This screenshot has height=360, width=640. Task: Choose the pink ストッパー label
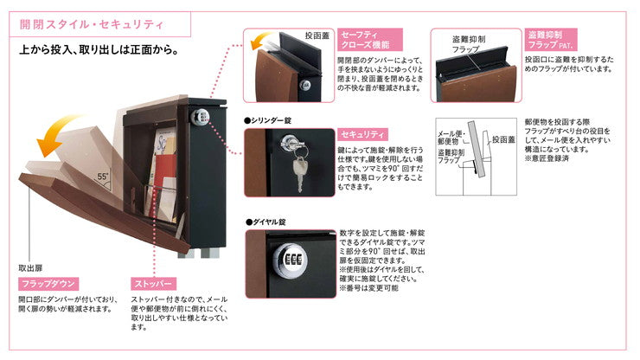tap(154, 284)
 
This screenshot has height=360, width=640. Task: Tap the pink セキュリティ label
tap(362, 134)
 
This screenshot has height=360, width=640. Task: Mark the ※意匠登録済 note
tap(548, 158)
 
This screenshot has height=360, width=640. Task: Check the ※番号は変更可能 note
tap(368, 287)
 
